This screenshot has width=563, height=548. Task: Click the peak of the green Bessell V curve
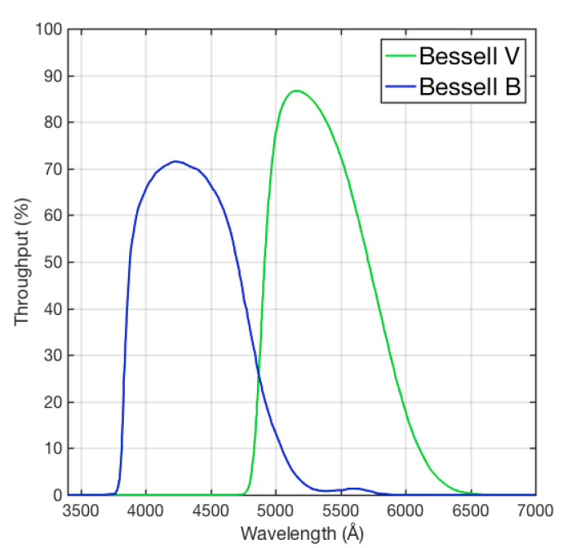pos(296,91)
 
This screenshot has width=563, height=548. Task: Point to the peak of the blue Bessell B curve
pos(175,161)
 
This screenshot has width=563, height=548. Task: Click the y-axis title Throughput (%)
pos(22,262)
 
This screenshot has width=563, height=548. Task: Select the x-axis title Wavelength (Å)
pos(301,534)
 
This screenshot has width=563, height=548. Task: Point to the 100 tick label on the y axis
pos(48,29)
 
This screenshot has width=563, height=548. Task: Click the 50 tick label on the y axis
pos(51,263)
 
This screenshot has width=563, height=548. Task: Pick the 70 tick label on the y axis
pos(51,170)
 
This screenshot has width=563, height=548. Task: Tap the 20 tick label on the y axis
pos(51,402)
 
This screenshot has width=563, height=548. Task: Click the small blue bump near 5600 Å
pos(353,488)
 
